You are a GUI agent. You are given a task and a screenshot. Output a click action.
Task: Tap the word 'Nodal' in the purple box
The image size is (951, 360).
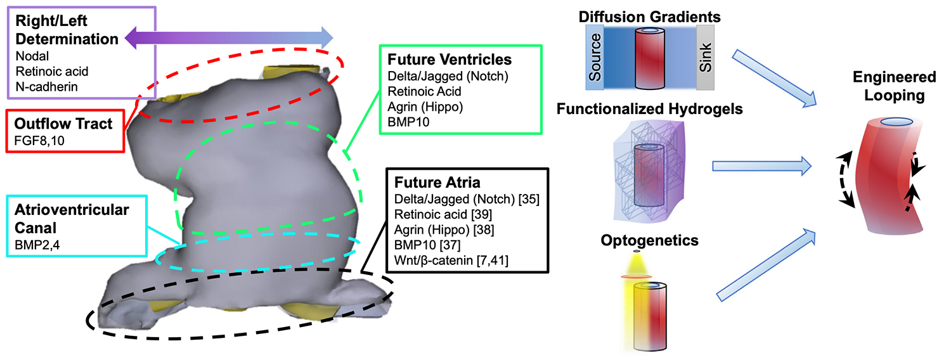[x=29, y=55]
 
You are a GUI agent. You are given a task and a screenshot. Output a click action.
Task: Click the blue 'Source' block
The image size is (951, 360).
[x=595, y=57]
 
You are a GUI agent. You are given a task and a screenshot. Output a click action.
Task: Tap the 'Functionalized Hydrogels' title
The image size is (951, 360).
[x=650, y=109]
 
